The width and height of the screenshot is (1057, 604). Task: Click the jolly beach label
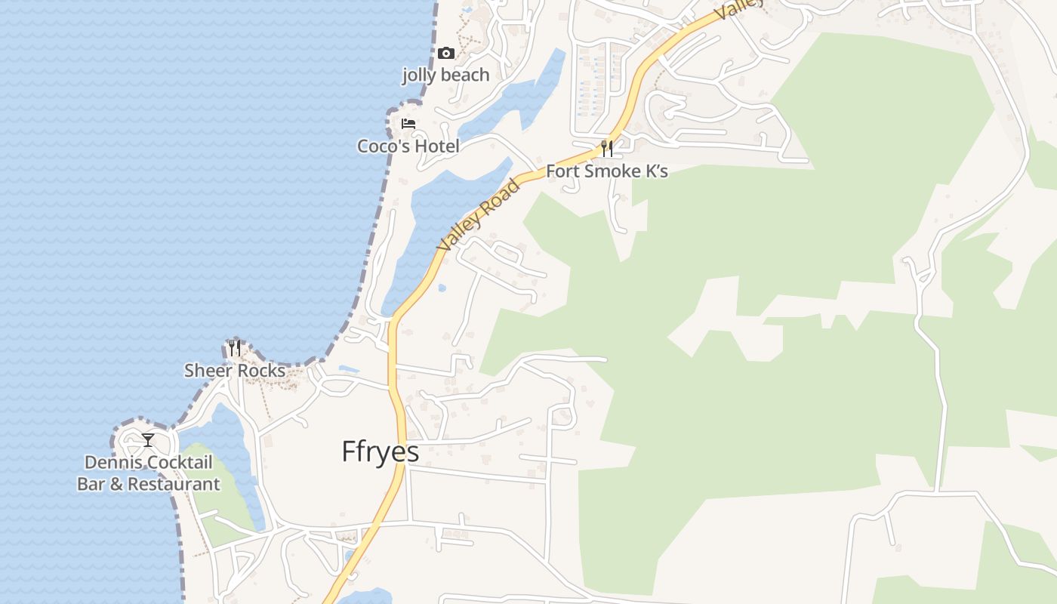(445, 75)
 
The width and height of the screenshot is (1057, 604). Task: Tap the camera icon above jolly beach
(446, 53)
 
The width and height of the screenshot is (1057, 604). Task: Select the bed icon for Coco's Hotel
(408, 123)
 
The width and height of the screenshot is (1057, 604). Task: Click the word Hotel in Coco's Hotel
(433, 146)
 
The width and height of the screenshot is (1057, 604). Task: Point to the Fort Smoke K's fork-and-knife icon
(606, 147)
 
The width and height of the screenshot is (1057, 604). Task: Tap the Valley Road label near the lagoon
(479, 215)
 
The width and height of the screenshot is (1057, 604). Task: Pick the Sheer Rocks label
(235, 371)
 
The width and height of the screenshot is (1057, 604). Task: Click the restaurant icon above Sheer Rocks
(235, 348)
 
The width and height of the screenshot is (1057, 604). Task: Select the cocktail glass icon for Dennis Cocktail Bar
(148, 439)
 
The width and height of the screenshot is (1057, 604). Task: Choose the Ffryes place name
(380, 451)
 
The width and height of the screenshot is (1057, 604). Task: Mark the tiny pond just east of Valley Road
(442, 288)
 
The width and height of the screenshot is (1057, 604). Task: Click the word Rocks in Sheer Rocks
(260, 371)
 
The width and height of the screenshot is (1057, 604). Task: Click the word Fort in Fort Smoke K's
(562, 171)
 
